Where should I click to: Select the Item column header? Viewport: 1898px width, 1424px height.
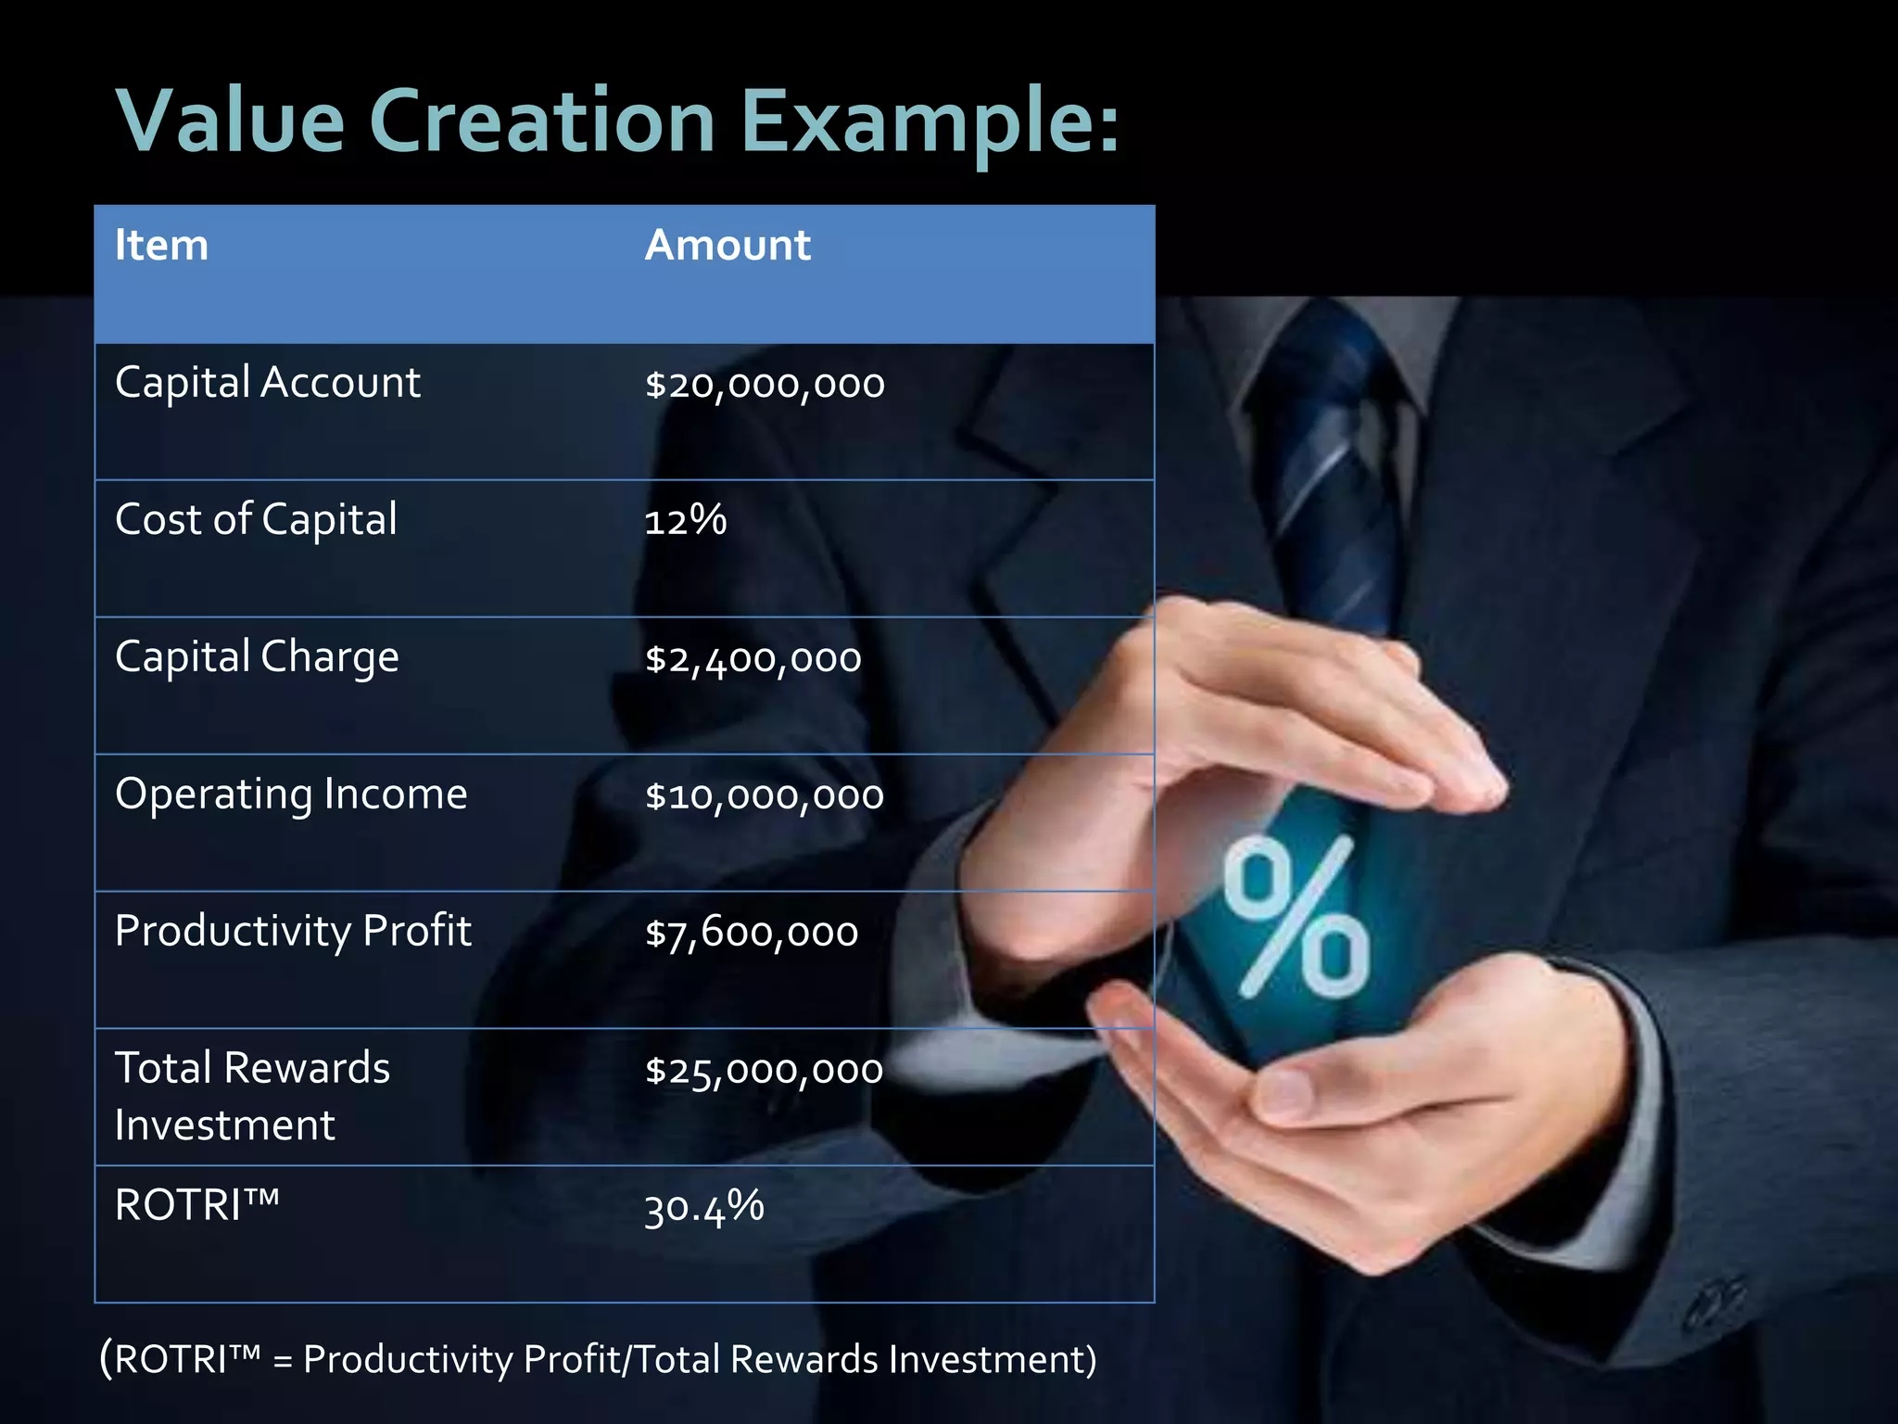(161, 246)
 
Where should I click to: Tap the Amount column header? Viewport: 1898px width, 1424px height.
(728, 246)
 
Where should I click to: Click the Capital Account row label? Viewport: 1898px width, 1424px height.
(267, 383)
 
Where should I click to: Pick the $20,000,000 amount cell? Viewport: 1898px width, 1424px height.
(765, 384)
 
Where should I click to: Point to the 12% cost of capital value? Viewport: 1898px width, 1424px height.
(685, 520)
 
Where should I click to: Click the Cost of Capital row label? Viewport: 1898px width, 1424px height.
(256, 520)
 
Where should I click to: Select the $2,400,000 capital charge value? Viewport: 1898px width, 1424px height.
(753, 658)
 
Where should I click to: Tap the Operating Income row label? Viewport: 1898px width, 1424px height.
(291, 795)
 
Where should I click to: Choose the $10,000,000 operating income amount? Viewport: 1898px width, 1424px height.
(765, 795)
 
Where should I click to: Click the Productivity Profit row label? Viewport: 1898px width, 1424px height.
(293, 932)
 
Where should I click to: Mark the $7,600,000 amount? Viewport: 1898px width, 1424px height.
(752, 933)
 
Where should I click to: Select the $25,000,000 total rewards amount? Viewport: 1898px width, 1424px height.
(764, 1070)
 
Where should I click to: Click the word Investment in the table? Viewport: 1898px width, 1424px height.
(224, 1125)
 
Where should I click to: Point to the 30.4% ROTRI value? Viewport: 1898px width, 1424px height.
(703, 1208)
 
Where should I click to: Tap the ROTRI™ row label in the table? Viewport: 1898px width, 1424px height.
(196, 1205)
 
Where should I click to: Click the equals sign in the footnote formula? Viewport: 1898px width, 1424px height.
(283, 1361)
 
